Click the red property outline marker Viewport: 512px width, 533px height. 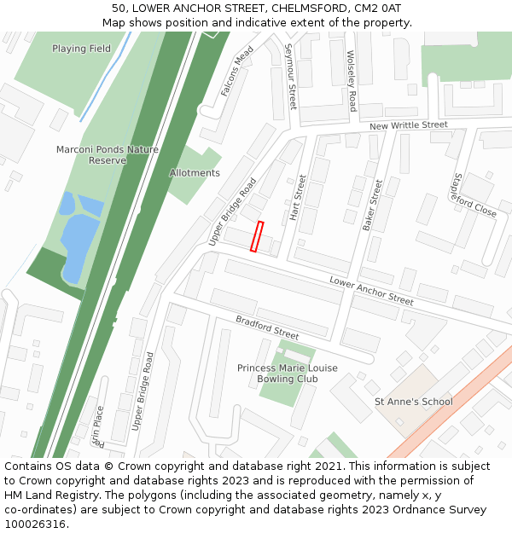pos(257,236)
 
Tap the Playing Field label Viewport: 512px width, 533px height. pos(81,49)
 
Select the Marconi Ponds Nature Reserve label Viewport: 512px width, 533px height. pos(108,154)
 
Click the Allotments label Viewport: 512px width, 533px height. pos(195,173)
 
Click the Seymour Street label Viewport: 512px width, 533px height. pos(292,77)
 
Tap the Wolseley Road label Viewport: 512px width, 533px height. pos(352,81)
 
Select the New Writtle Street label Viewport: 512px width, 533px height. pos(409,125)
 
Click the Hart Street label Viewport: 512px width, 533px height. pos(296,198)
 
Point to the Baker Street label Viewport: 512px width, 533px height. pos(372,205)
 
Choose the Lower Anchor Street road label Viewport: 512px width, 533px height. pos(371,291)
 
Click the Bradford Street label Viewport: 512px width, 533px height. pos(267,327)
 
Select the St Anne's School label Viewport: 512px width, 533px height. pos(414,402)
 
